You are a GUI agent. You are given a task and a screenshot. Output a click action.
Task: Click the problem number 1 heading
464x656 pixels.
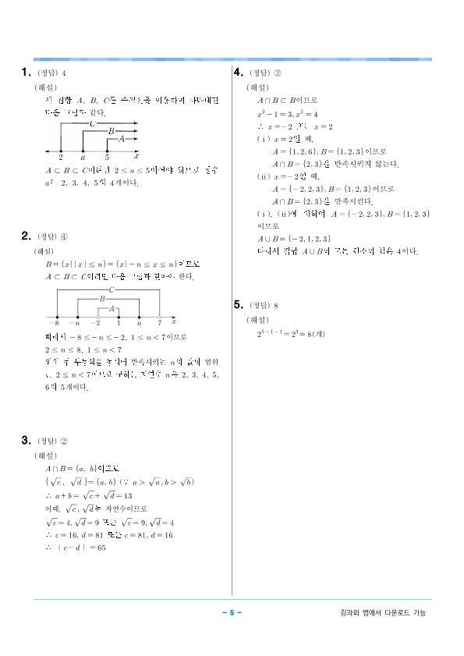pyautogui.click(x=24, y=73)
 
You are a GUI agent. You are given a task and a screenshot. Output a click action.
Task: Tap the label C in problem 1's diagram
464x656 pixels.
pyautogui.click(x=93, y=123)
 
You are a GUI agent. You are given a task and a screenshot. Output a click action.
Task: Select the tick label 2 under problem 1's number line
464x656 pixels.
pyautogui.click(x=60, y=157)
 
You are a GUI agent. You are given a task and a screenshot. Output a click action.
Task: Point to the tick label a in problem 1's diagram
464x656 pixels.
pyautogui.click(x=83, y=157)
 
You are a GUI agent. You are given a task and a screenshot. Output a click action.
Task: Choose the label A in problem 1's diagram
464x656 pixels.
pyautogui.click(x=122, y=138)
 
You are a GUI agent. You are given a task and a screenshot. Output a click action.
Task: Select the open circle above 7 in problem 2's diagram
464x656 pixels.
pyautogui.click(x=160, y=314)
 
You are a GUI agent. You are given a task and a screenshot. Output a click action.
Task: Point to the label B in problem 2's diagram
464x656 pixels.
pyautogui.click(x=102, y=299)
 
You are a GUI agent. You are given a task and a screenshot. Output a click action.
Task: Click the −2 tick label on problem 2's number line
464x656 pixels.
pyautogui.click(x=95, y=321)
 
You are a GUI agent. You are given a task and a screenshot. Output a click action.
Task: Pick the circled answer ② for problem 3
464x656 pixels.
pyautogui.click(x=65, y=441)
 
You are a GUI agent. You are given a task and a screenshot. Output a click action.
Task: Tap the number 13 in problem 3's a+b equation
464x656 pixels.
pyautogui.click(x=128, y=495)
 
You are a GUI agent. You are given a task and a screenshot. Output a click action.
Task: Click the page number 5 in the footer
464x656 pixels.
pyautogui.click(x=232, y=612)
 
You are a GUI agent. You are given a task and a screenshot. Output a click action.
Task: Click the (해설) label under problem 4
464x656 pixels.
pyautogui.click(x=257, y=87)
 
